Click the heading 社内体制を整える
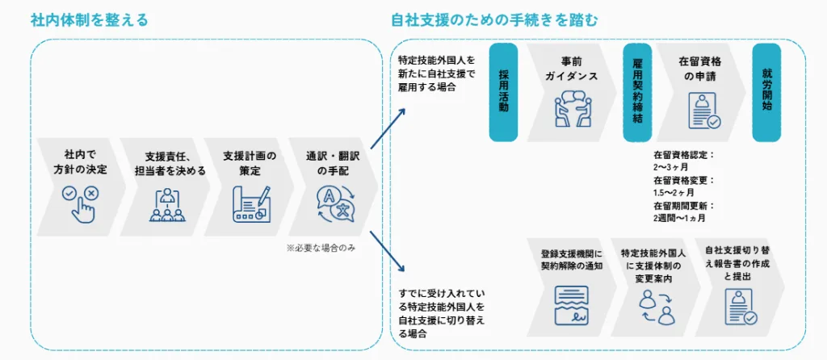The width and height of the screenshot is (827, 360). pyautogui.click(x=90, y=20)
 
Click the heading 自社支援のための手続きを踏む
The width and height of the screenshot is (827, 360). pyautogui.click(x=494, y=20)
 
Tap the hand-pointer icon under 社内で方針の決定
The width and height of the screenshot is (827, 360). pyautogui.click(x=81, y=202)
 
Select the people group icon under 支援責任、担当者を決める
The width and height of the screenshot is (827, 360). pyautogui.click(x=167, y=204)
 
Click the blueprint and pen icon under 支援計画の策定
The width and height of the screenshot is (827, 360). pyautogui.click(x=251, y=204)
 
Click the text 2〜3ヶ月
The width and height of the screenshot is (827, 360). pyautogui.click(x=671, y=166)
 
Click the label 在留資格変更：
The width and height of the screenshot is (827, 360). pyautogui.click(x=683, y=180)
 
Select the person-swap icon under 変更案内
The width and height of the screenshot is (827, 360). pyautogui.click(x=656, y=308)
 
